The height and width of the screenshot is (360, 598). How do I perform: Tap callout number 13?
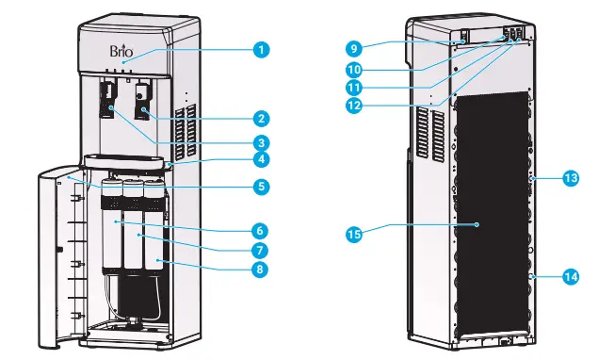pos(571,177)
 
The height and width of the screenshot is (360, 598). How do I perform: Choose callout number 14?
pos(571,277)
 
